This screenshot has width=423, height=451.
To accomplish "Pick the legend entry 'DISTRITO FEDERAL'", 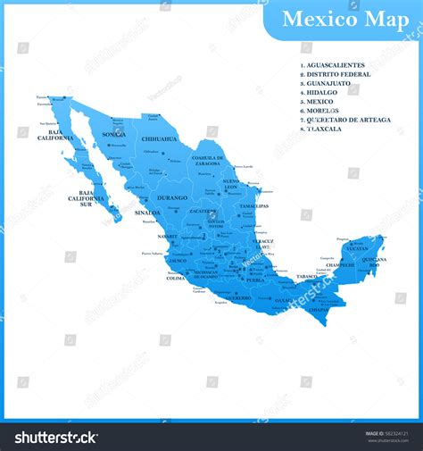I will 338,74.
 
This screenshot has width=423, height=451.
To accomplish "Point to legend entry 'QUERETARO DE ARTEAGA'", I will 349,120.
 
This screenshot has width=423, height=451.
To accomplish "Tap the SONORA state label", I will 113,134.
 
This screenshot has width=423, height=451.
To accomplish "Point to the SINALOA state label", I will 147,213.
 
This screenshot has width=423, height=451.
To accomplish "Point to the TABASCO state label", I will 306,277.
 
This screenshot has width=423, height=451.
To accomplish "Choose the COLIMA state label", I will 176,279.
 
